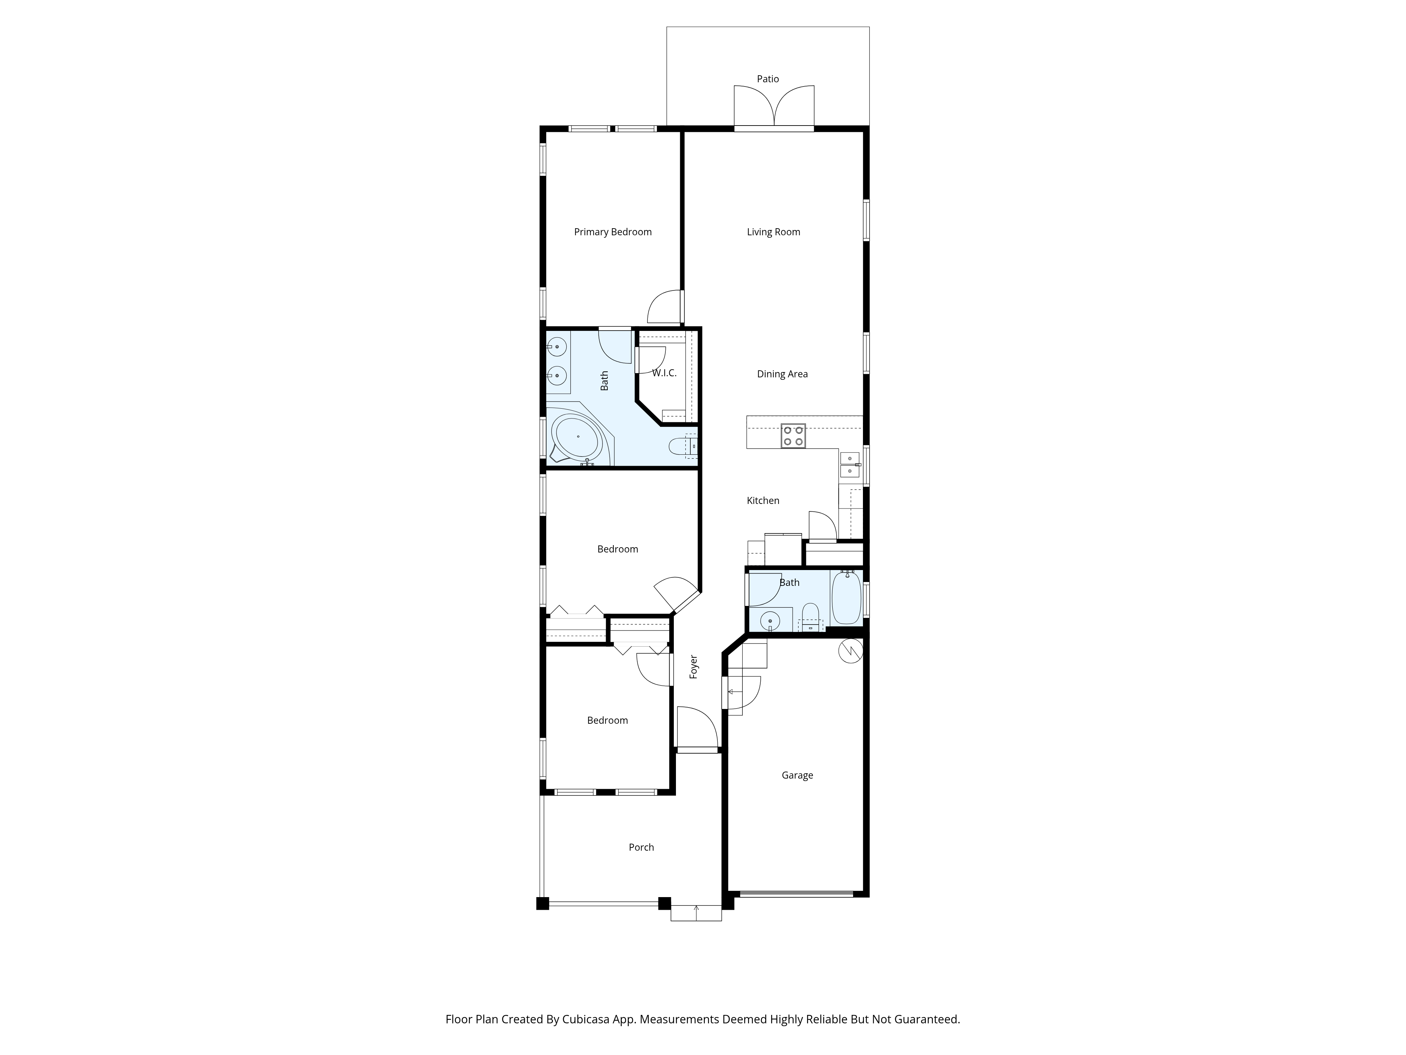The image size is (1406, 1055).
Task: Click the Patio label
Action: pyautogui.click(x=767, y=79)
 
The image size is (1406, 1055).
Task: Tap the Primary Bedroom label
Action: pyautogui.click(x=613, y=232)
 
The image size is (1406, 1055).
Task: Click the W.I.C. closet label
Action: pyautogui.click(x=664, y=373)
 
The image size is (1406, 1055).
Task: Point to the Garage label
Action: pyautogui.click(x=797, y=775)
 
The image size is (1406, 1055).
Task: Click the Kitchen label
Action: pyautogui.click(x=763, y=500)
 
